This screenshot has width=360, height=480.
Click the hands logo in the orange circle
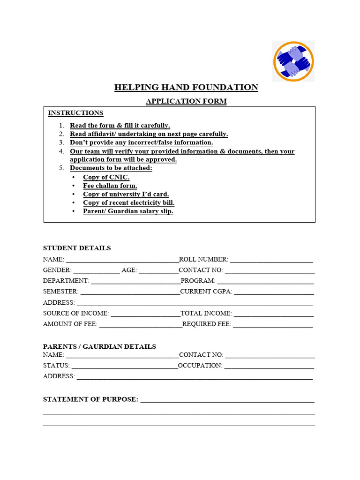point(293,61)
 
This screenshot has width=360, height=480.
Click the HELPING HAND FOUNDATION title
point(186,87)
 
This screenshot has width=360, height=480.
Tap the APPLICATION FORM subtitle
point(186,101)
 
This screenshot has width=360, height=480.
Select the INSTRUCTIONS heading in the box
point(75,113)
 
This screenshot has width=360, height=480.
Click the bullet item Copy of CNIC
point(106,177)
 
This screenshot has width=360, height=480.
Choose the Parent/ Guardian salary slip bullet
point(128,211)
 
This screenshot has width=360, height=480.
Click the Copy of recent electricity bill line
point(128,202)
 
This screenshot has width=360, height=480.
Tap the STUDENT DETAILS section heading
point(77,248)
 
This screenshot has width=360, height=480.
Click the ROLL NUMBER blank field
point(271,260)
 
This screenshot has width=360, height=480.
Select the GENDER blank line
point(97,270)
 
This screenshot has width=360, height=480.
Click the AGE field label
point(129,270)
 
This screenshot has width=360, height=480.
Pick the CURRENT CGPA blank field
point(274,292)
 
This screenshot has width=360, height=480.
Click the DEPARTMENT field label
point(66,281)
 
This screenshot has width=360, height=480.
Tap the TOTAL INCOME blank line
point(274,314)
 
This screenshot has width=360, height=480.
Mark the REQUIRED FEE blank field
point(273,324)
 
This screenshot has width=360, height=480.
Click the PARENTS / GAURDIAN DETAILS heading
point(99,346)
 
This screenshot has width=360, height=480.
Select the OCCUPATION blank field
point(269,366)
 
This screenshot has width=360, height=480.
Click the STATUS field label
point(56,366)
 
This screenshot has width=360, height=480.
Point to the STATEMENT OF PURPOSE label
point(90,399)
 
